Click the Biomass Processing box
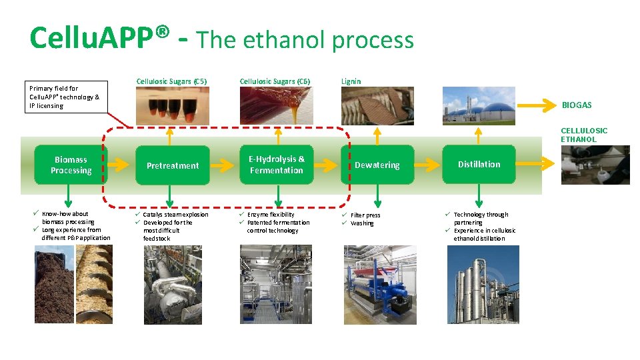[x=71, y=165]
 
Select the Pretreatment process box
[x=173, y=165]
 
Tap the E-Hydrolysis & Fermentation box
[x=276, y=165]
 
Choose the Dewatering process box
[x=377, y=165]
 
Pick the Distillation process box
[x=479, y=165]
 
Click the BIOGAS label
[x=577, y=105]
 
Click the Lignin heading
[x=351, y=81]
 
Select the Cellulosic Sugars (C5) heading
[x=172, y=81]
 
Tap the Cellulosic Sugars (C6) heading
[x=275, y=81]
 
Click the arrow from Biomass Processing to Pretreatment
[x=119, y=165]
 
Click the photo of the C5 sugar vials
[x=171, y=105]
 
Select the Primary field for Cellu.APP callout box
[x=65, y=97]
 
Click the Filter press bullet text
[x=365, y=215]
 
